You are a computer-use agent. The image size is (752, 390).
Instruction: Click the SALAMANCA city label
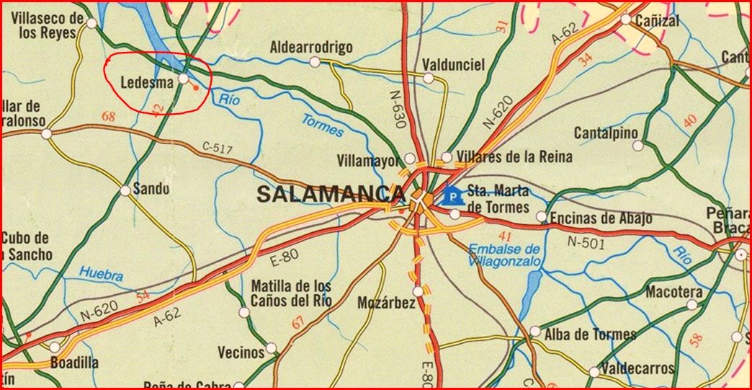pyautogui.click(x=330, y=194)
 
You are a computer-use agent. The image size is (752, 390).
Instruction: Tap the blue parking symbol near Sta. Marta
pyautogui.click(x=452, y=195)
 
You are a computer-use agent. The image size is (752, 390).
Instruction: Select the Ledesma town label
pyautogui.click(x=147, y=83)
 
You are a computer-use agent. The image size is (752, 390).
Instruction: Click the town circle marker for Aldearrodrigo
pyautogui.click(x=314, y=62)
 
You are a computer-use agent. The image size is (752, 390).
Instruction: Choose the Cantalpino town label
pyautogui.click(x=606, y=133)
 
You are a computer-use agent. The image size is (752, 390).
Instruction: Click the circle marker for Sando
pyautogui.click(x=125, y=191)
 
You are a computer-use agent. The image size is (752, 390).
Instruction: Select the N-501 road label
pyautogui.click(x=586, y=243)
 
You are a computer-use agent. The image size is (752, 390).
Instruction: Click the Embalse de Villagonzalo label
pyautogui.click(x=504, y=256)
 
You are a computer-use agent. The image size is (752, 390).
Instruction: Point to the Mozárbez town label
pyautogui.click(x=386, y=303)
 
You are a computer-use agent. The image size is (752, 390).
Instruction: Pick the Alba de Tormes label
pyautogui.click(x=591, y=334)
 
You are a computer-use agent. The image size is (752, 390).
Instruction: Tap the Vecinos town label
pyautogui.click(x=241, y=353)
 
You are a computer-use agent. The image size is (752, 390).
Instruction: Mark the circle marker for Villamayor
pyautogui.click(x=409, y=158)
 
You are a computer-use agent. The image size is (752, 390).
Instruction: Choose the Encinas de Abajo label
pyautogui.click(x=601, y=218)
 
